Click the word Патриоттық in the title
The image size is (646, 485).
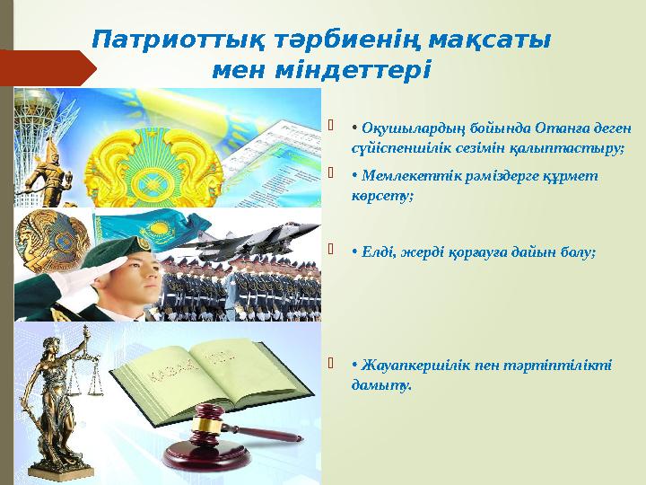[159, 40]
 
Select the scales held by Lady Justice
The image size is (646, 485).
[90, 377]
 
